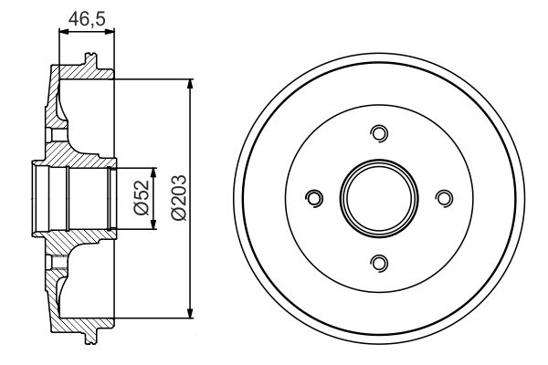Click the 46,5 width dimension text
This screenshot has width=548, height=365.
[x=87, y=16]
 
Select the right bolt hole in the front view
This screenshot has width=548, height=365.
[x=445, y=198]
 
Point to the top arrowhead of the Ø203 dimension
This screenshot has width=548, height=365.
[x=190, y=85]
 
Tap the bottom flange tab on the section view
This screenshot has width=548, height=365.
[x=90, y=339]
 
